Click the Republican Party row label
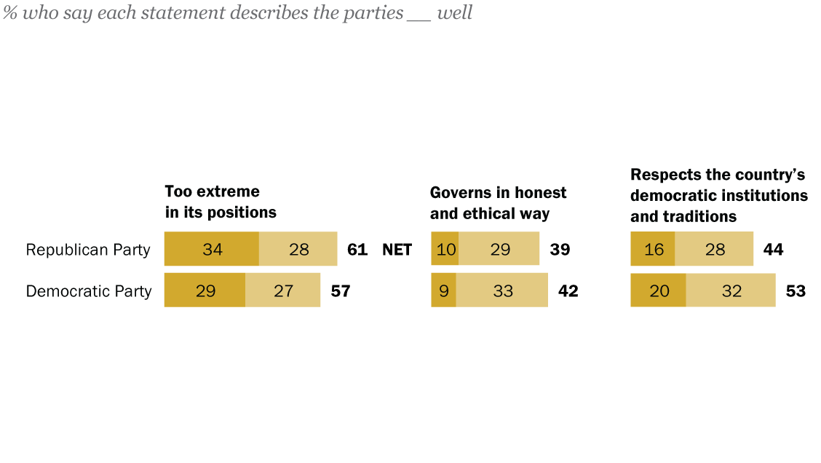(x=88, y=250)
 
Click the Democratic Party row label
(x=89, y=291)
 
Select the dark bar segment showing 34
(x=212, y=249)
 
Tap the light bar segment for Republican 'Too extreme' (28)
(x=298, y=249)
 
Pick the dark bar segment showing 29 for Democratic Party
(x=205, y=290)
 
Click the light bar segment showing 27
(x=283, y=290)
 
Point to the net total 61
(x=357, y=250)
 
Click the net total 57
(x=341, y=291)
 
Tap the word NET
(x=397, y=250)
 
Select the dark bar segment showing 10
(x=445, y=249)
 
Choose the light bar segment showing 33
(x=502, y=290)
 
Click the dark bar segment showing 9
(x=444, y=290)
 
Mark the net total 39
(x=560, y=250)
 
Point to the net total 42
(x=568, y=291)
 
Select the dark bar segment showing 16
(x=653, y=249)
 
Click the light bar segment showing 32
(x=731, y=290)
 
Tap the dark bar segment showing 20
(x=658, y=290)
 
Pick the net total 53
(x=796, y=291)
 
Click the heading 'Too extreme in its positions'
(x=221, y=202)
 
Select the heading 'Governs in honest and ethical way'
(x=498, y=203)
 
